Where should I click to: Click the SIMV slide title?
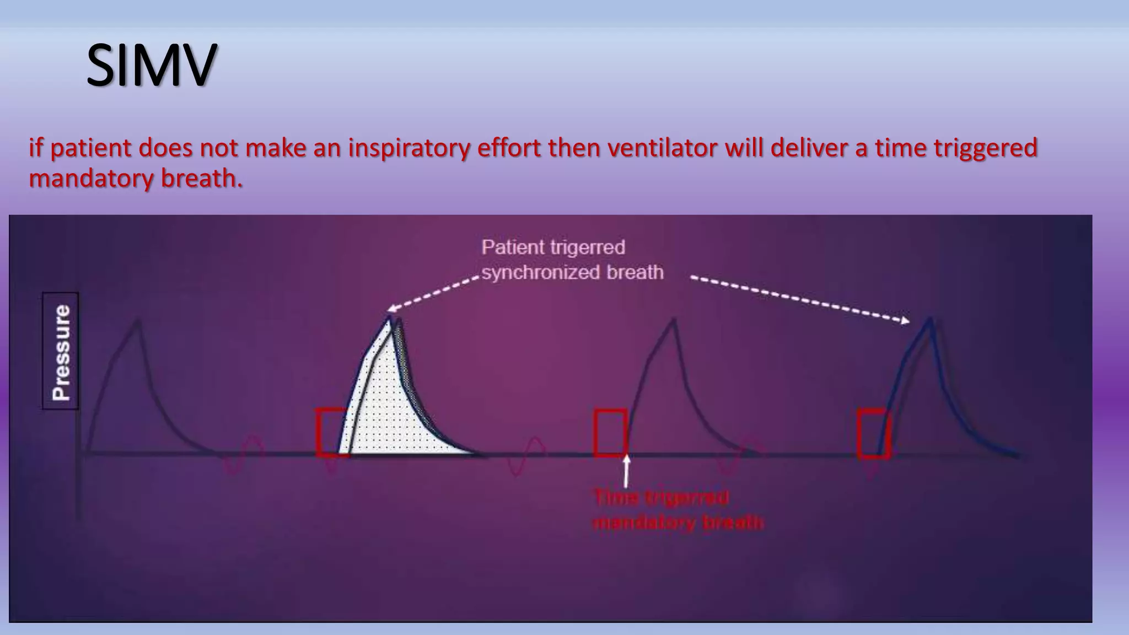(x=151, y=66)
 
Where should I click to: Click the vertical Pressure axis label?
(x=61, y=351)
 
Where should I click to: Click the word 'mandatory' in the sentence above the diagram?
(x=90, y=179)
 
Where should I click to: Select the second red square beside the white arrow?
(x=610, y=433)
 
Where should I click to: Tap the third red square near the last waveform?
(x=873, y=433)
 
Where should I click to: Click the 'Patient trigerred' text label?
(x=553, y=247)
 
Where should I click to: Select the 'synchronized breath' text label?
(x=572, y=272)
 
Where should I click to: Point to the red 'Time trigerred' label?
(x=661, y=497)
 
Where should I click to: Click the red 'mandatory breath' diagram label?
(x=678, y=522)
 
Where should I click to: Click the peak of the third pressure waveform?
(x=674, y=321)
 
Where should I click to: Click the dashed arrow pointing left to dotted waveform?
(x=433, y=293)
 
